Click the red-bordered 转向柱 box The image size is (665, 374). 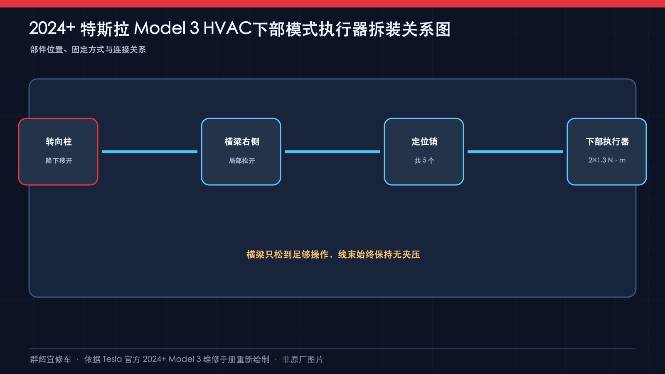coord(58,152)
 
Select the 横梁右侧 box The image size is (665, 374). coord(241,152)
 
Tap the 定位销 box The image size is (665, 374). coord(424,152)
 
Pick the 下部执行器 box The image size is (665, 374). coord(607,152)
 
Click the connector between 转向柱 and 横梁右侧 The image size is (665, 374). coord(150,152)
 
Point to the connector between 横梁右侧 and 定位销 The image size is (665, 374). coord(332,152)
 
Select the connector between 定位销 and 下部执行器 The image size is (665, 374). coord(515,152)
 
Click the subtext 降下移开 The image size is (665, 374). coord(59,160)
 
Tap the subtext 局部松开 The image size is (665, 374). coord(241,160)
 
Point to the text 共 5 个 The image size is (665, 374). coord(424,160)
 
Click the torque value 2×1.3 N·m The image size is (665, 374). coord(607,160)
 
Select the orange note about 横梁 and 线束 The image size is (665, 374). coord(333,254)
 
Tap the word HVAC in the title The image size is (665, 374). coord(227,29)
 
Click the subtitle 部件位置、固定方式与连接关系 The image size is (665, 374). coord(88,49)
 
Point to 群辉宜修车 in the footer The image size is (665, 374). coord(50,359)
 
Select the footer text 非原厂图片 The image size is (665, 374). coord(303,359)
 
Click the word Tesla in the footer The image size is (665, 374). coord(112,359)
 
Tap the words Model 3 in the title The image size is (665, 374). coord(167,29)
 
